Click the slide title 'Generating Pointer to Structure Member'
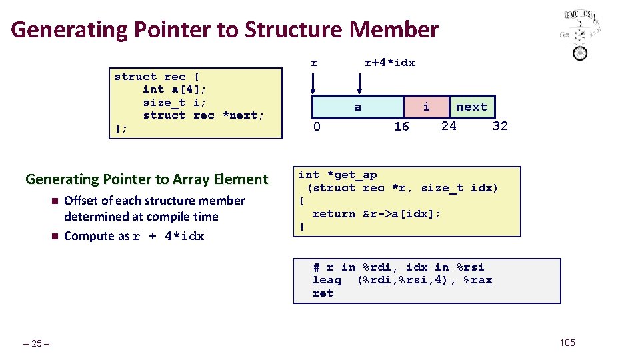coord(225,30)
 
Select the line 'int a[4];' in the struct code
coord(174,89)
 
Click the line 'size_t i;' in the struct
coord(174,102)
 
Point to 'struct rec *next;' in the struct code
coord(203,115)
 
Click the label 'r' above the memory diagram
coord(314,63)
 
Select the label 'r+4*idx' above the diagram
coord(389,63)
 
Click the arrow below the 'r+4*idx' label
coord(360,84)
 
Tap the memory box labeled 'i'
coord(426,107)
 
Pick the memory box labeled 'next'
coord(471,107)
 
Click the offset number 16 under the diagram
coord(401,127)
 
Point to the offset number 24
coord(449,126)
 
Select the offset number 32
coord(499,126)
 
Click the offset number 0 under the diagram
coord(317,127)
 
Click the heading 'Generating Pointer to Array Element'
coord(146,179)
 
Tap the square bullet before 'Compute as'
coord(54,236)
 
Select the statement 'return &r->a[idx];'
coord(377,213)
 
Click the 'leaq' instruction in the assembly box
coord(327,280)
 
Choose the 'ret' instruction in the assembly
coord(323,293)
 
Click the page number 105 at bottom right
coord(567,343)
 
